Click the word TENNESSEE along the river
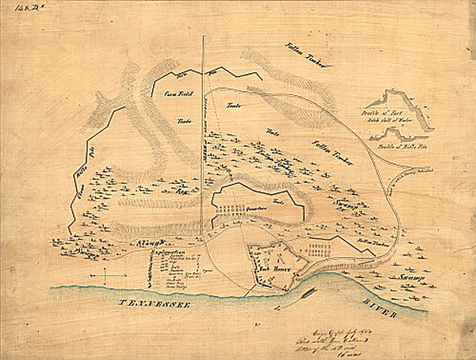click(154, 304)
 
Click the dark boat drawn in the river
click(308, 294)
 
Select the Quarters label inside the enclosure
click(256, 209)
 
